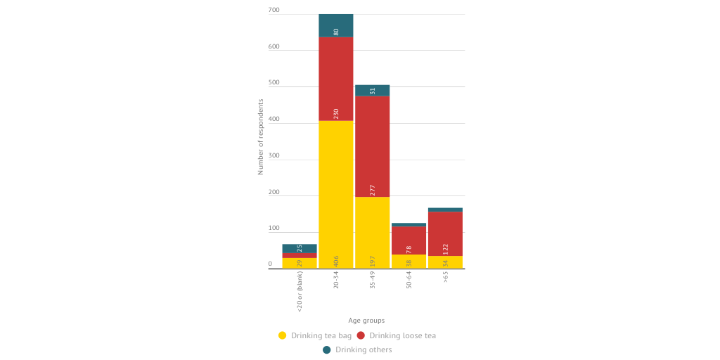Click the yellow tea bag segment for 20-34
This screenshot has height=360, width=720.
pos(336,195)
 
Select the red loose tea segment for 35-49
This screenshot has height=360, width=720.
pos(373,146)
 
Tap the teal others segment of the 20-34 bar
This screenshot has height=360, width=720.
pos(336,25)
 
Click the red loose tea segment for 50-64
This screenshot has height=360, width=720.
pos(409,240)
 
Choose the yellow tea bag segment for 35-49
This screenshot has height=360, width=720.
pos(373,232)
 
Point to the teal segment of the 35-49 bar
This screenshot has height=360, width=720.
pos(373,91)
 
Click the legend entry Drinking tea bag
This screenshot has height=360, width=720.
pos(315,335)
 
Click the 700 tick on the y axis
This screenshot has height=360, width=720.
pos(274,11)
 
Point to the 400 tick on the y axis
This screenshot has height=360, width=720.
pos(274,120)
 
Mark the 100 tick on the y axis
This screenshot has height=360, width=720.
pos(274,229)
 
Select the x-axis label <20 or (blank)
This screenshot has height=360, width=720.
pos(300,291)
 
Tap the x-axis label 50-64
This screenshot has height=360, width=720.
pos(409,281)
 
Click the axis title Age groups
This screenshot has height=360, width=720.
pos(366,321)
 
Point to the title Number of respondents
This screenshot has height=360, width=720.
pos(260,136)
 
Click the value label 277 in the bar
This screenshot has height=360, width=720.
pos(373,190)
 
